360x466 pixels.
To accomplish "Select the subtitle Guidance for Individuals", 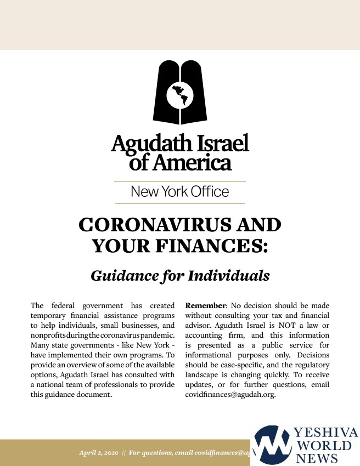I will point(180,275).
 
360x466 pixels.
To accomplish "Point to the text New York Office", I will point(179,192).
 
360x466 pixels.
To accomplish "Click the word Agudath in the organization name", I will point(142,144).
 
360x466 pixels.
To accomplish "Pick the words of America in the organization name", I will point(180,162).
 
